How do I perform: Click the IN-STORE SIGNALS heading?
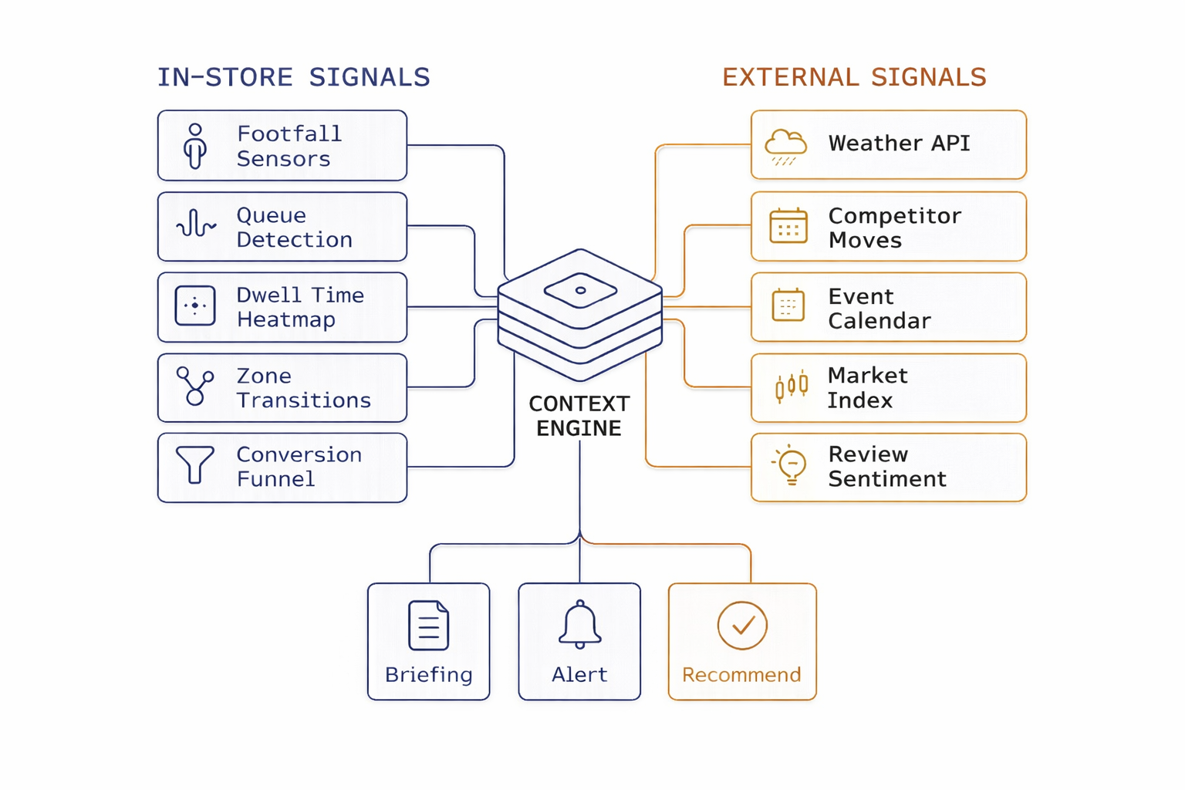pos(293,77)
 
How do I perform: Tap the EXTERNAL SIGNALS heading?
pos(854,77)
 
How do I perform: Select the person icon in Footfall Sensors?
pos(195,146)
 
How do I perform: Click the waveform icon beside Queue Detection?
pos(196,225)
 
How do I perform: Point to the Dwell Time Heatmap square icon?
pos(195,306)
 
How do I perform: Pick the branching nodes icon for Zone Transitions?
pos(195,386)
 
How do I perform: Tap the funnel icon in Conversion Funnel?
pos(195,464)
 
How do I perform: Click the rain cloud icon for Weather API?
pos(786,147)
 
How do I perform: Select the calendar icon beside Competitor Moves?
pos(788,226)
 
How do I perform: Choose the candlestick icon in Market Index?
pos(792,386)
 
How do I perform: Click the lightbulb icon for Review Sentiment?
pos(791,465)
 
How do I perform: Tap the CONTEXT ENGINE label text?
pos(579,416)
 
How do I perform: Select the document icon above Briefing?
pos(429,626)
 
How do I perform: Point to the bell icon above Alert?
pos(579,624)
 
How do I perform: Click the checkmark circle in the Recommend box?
pos(742,626)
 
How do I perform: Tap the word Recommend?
pos(741,675)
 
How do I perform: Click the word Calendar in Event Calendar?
pos(879,321)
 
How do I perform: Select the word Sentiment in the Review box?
pos(887,479)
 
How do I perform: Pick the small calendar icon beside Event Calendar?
pos(788,306)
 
